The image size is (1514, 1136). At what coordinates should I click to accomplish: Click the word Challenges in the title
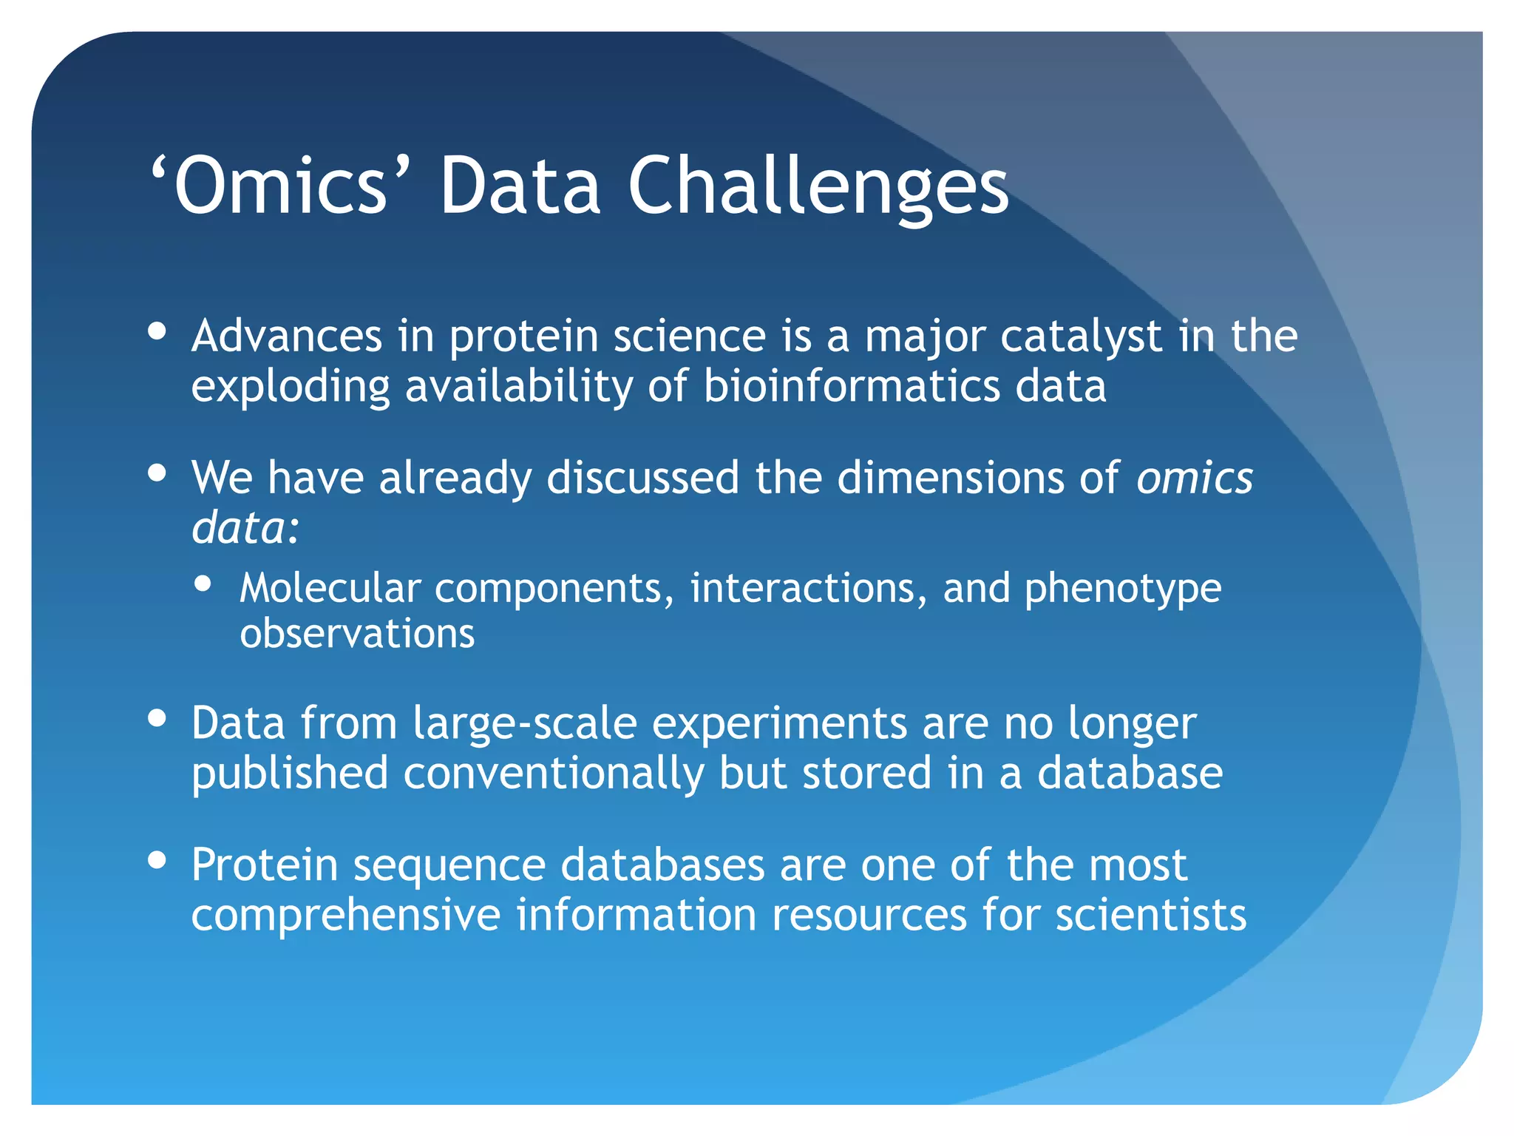point(818,186)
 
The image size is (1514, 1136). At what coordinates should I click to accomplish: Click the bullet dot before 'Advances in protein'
point(157,331)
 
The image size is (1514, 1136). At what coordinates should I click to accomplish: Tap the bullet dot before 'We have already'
point(157,473)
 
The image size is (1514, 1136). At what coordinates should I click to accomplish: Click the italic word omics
point(1195,479)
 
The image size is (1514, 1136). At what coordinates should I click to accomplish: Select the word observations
point(357,635)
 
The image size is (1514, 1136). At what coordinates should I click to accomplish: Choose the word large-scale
point(525,724)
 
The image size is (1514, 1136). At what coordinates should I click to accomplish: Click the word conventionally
point(554,774)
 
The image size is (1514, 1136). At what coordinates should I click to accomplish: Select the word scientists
point(1150,915)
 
